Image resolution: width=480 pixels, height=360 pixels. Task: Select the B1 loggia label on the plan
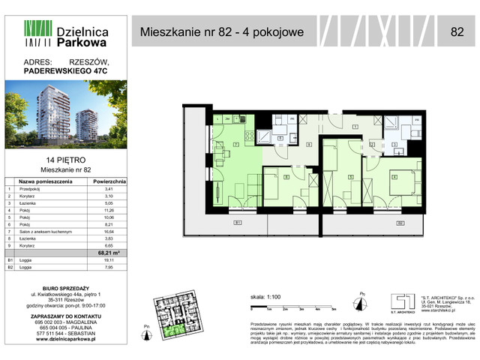[236, 223]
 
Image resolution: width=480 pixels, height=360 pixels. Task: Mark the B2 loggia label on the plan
[400, 223]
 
